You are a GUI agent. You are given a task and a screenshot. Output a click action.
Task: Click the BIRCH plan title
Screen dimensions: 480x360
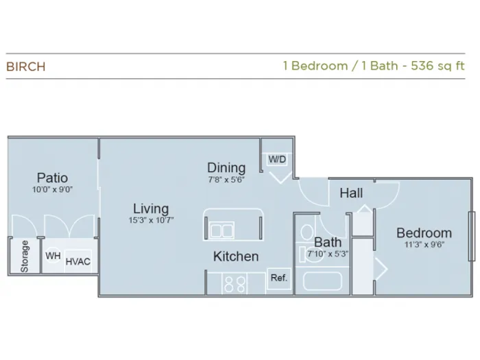tap(26, 67)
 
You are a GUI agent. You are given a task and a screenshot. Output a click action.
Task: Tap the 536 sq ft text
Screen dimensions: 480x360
tap(437, 66)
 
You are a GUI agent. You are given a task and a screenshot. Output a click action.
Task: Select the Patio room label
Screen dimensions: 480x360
tap(52, 178)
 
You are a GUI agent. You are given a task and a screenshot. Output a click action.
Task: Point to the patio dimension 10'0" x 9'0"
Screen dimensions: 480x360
tap(52, 190)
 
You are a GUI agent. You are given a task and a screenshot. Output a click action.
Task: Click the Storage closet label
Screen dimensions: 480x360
tap(25, 256)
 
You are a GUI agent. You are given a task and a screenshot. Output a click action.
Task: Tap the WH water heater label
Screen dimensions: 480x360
tap(53, 256)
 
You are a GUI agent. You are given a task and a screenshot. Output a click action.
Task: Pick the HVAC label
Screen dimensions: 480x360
tap(78, 262)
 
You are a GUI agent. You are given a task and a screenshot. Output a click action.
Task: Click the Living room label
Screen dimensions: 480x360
tap(151, 208)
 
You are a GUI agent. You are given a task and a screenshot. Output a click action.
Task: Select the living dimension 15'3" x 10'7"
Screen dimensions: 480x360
tap(151, 220)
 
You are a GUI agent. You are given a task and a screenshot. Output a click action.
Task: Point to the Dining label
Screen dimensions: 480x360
tap(226, 168)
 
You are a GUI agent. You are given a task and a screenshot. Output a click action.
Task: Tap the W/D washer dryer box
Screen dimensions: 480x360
tap(277, 159)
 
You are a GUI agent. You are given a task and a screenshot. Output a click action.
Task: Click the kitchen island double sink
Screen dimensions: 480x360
tap(222, 230)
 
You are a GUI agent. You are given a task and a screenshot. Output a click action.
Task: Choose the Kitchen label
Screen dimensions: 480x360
tap(236, 256)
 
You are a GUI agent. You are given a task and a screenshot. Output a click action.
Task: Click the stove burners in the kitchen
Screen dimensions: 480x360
tap(235, 285)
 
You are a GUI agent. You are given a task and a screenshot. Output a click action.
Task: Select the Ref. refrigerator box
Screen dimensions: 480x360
tap(279, 278)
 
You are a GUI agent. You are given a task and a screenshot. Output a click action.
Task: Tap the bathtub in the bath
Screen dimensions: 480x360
tap(322, 280)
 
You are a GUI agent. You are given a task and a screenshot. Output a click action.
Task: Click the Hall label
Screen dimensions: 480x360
tap(351, 193)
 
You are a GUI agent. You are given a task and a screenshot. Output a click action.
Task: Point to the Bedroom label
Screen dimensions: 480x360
tap(424, 233)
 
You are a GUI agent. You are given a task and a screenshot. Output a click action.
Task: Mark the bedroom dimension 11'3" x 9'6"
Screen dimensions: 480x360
tap(424, 245)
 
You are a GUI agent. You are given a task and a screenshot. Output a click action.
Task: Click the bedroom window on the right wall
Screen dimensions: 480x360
tap(472, 236)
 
